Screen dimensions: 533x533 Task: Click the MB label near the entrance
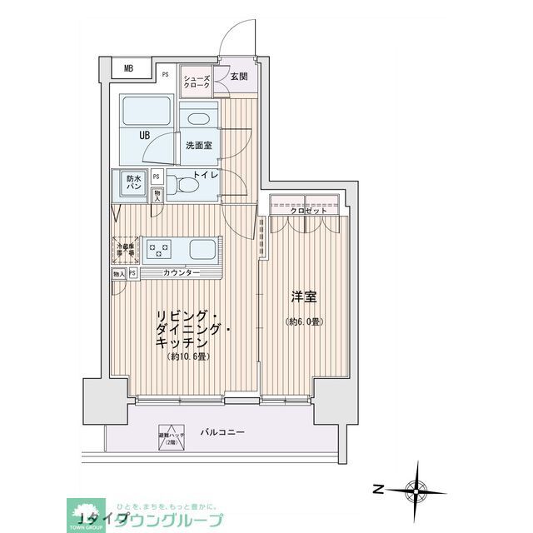[x=129, y=69]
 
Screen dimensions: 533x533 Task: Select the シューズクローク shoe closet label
[x=197, y=80]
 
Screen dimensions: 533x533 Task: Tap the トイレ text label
[x=206, y=176]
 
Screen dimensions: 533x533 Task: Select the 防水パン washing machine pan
[x=133, y=183]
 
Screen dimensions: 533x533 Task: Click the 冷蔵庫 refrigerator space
[x=126, y=249]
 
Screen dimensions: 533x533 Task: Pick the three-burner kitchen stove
[x=158, y=249]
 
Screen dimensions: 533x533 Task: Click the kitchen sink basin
[x=203, y=249]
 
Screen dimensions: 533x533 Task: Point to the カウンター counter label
[x=181, y=273]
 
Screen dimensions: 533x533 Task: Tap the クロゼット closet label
[x=304, y=211]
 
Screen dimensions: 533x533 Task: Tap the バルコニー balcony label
[x=222, y=433]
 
